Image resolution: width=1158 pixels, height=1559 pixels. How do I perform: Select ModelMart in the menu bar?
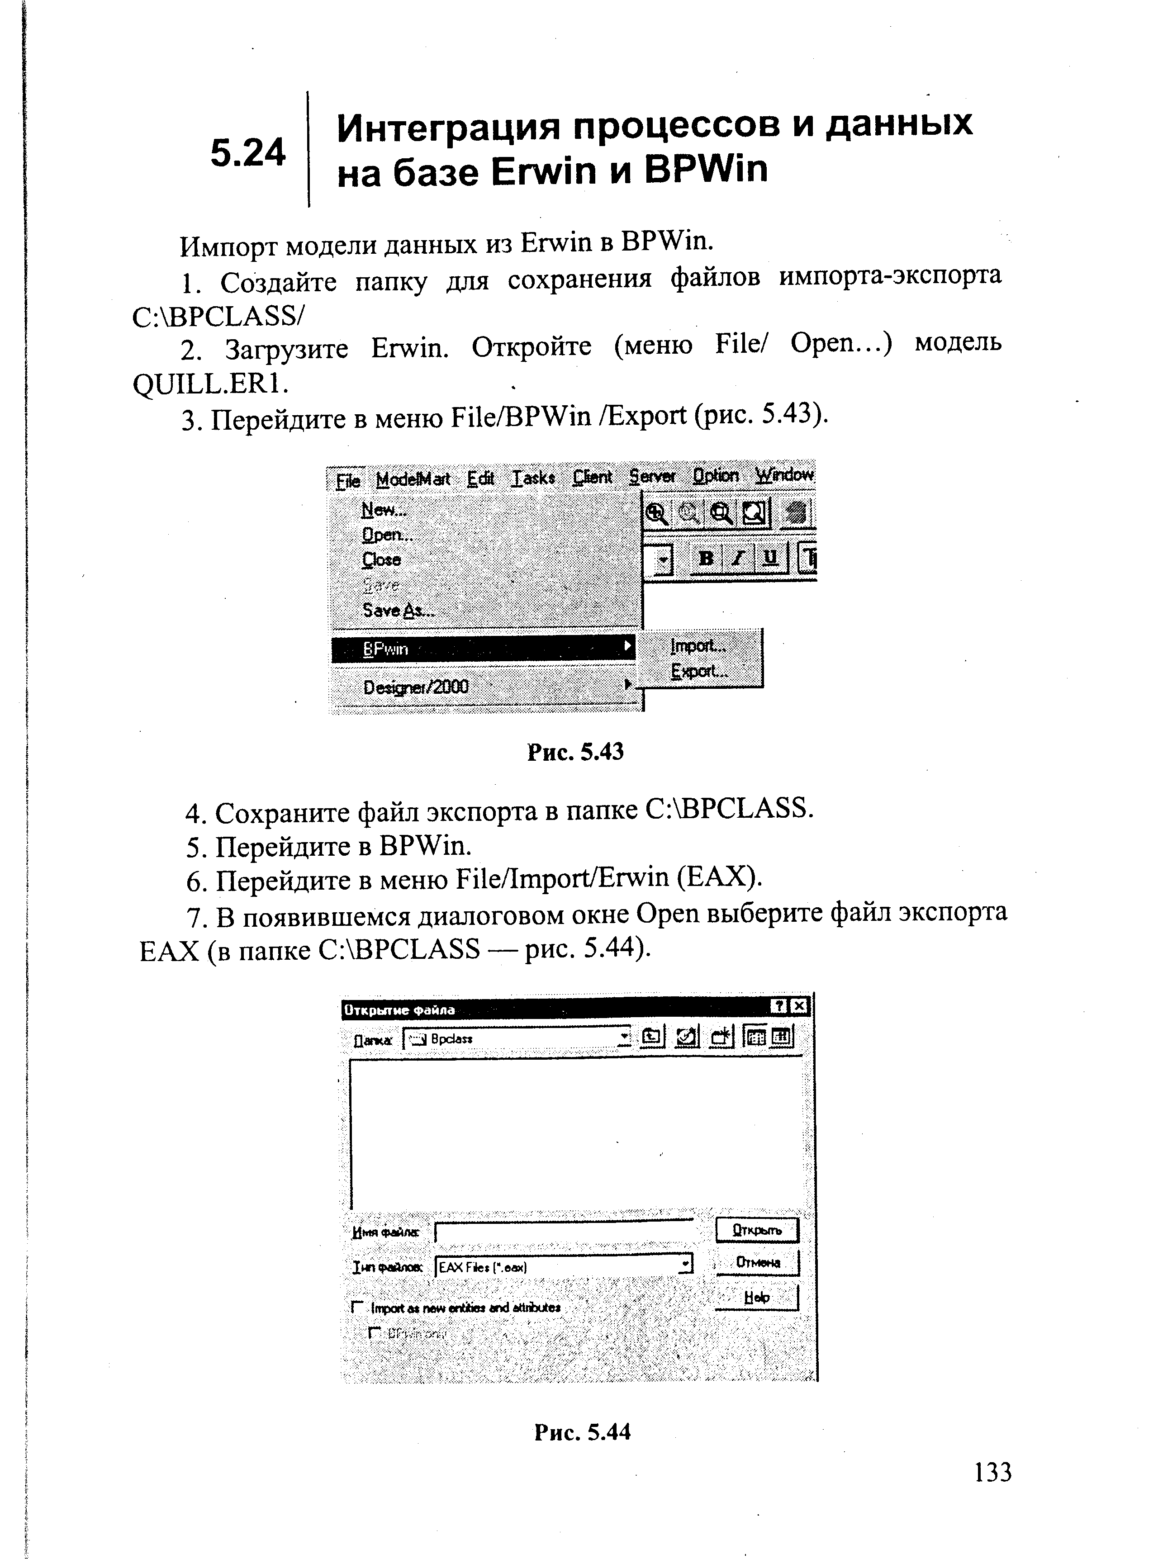click(x=413, y=479)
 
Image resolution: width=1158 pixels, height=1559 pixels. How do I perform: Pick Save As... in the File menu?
click(x=398, y=610)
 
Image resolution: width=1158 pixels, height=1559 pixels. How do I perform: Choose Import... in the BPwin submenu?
click(x=698, y=645)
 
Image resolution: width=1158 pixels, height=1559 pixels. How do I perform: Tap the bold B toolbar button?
click(x=706, y=558)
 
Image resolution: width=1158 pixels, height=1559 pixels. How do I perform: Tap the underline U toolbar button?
click(x=770, y=558)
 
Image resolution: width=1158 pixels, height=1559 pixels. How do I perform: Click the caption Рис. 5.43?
click(x=575, y=752)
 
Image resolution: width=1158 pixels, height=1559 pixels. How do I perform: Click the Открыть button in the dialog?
click(x=756, y=1230)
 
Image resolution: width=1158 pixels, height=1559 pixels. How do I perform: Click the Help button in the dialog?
click(x=756, y=1297)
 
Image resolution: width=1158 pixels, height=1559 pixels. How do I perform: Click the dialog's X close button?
click(x=800, y=1007)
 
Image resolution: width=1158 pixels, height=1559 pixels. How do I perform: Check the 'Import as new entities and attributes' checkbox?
click(x=357, y=1307)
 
